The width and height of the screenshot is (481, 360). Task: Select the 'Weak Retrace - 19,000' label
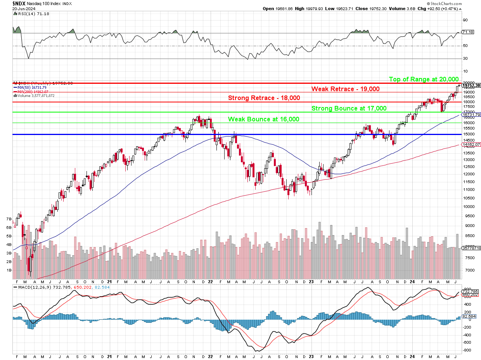click(345, 89)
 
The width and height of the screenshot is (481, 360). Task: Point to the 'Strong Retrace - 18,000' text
click(264, 98)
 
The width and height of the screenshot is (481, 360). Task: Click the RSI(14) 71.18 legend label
click(28, 14)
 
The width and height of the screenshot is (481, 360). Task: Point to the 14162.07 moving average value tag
click(471, 144)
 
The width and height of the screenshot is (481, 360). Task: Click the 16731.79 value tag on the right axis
click(471, 115)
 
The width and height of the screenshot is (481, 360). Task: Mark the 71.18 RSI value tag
click(469, 32)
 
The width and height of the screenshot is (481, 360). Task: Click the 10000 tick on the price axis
click(467, 206)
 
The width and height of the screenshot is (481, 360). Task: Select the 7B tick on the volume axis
click(9, 219)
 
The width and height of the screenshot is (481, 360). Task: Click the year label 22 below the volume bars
click(210, 282)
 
